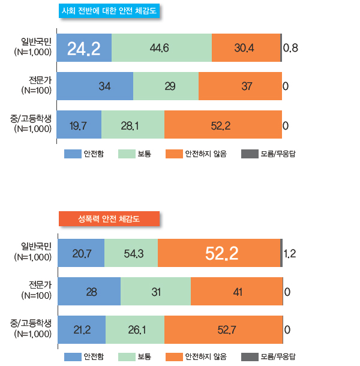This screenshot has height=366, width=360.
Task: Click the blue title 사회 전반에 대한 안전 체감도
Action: pyautogui.click(x=111, y=11)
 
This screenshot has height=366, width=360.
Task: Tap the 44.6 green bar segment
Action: pyautogui.click(x=161, y=48)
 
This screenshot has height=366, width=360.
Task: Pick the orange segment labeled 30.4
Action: pyautogui.click(x=246, y=48)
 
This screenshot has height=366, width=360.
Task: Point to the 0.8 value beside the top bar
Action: pyautogui.click(x=291, y=48)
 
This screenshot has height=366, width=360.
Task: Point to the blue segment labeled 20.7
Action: pyautogui.click(x=81, y=253)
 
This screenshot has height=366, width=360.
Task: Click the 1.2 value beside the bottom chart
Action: pyautogui.click(x=289, y=253)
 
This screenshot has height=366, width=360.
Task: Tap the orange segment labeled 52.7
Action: pyautogui.click(x=223, y=329)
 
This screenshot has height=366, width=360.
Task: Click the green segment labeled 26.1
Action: pyautogui.click(x=135, y=329)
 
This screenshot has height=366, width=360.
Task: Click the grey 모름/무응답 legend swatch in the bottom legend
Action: pyautogui.click(x=249, y=357)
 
